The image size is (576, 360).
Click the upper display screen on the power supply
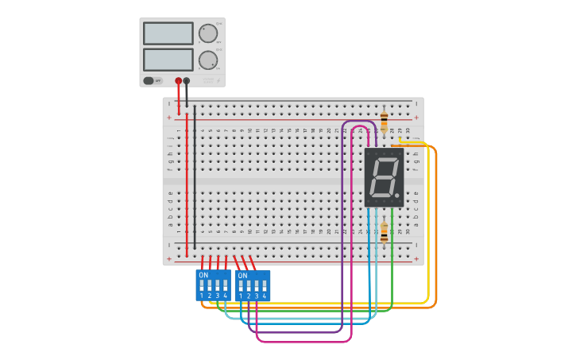pyautogui.click(x=168, y=33)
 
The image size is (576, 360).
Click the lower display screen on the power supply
pyautogui.click(x=168, y=60)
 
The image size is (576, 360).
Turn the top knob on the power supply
pyautogui.click(x=207, y=33)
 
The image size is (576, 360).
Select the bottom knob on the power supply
pyautogui.click(x=207, y=60)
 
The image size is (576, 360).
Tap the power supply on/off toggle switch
pyautogui.click(x=149, y=80)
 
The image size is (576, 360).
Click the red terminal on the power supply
pyautogui.click(x=178, y=80)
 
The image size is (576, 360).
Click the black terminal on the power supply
pyautogui.click(x=187, y=80)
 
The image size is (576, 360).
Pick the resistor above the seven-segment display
pyautogui.click(x=385, y=122)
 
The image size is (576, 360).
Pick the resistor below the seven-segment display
pyautogui.click(x=385, y=232)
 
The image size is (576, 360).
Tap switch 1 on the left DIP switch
pyautogui.click(x=202, y=285)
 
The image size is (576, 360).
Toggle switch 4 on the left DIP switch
pyautogui.click(x=225, y=285)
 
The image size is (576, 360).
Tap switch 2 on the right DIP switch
pyautogui.click(x=249, y=285)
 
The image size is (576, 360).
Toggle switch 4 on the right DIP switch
pyautogui.click(x=265, y=285)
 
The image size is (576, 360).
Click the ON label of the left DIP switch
pyautogui.click(x=203, y=275)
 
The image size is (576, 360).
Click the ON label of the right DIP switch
pyautogui.click(x=242, y=275)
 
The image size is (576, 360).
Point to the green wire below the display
pyautogui.click(x=392, y=262)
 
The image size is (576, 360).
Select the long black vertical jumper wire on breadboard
pyautogui.click(x=195, y=175)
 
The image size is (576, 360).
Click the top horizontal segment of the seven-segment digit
pyautogui.click(x=386, y=160)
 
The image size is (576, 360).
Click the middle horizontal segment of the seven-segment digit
pyautogui.click(x=384, y=176)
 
